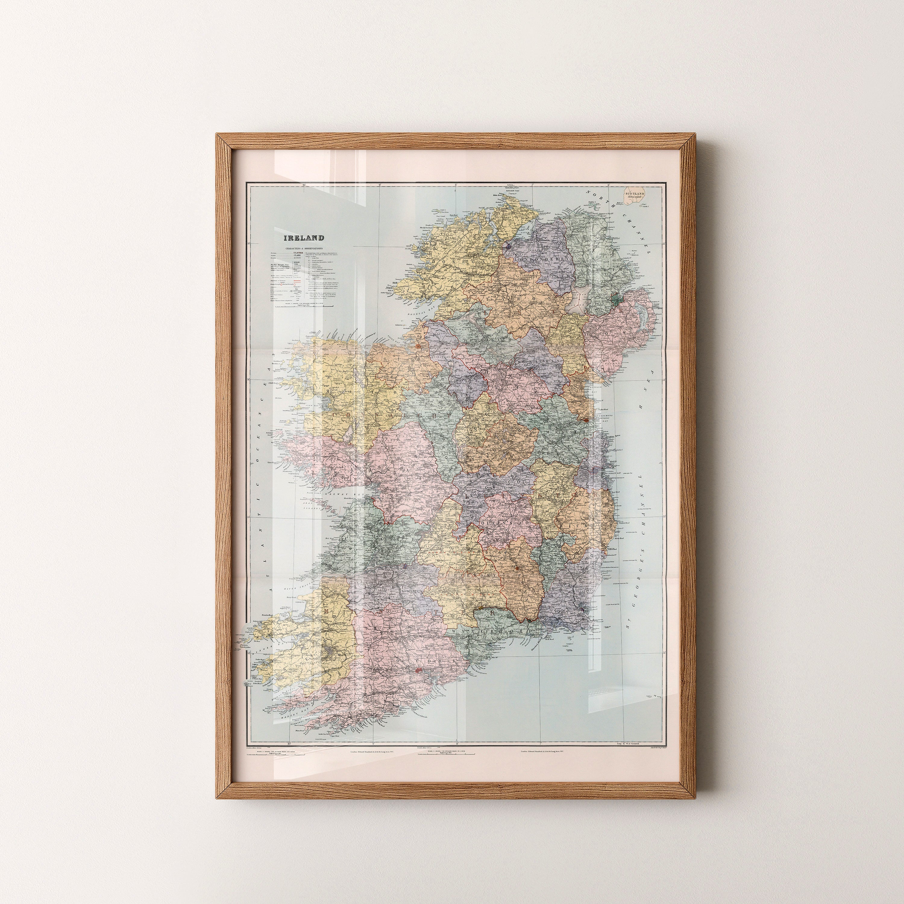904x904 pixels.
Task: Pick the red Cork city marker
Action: (420, 670)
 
